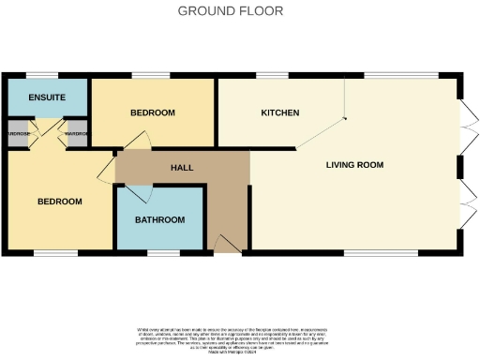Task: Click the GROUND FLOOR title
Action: click(231, 11)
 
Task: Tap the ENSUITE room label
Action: click(45, 97)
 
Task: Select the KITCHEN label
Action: click(279, 113)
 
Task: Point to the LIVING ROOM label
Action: click(354, 165)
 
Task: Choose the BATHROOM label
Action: click(159, 220)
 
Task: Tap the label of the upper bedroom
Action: click(152, 113)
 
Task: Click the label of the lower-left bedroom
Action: click(60, 202)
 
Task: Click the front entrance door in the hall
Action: click(227, 246)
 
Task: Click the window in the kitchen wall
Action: click(272, 75)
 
